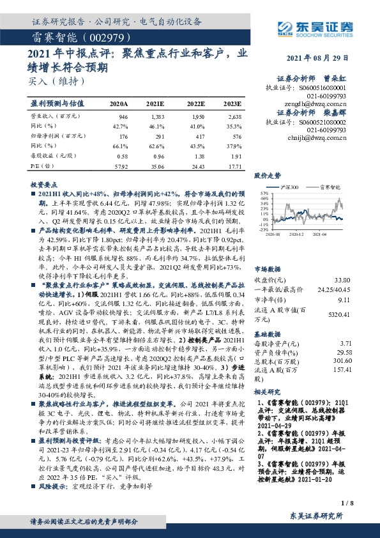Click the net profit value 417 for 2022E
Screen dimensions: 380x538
(198, 136)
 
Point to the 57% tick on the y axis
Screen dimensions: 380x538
(264, 193)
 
